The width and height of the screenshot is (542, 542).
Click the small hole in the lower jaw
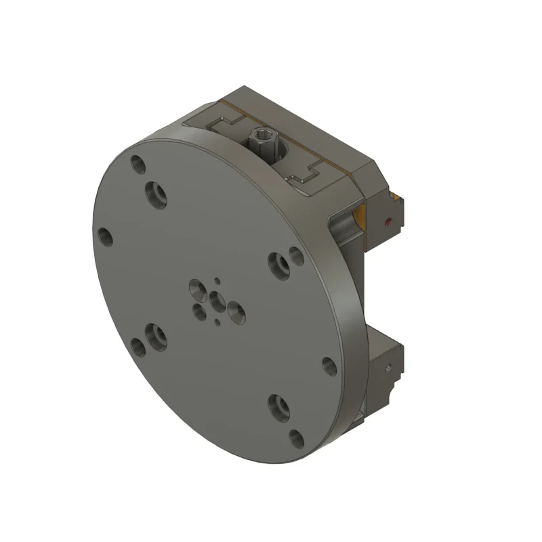(389, 369)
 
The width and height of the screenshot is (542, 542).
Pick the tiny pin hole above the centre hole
(217, 280)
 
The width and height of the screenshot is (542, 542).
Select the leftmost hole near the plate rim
(105, 236)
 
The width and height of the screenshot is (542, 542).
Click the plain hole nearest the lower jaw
(329, 367)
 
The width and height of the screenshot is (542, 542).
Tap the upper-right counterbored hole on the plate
(278, 265)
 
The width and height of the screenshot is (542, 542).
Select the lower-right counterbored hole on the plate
(278, 406)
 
